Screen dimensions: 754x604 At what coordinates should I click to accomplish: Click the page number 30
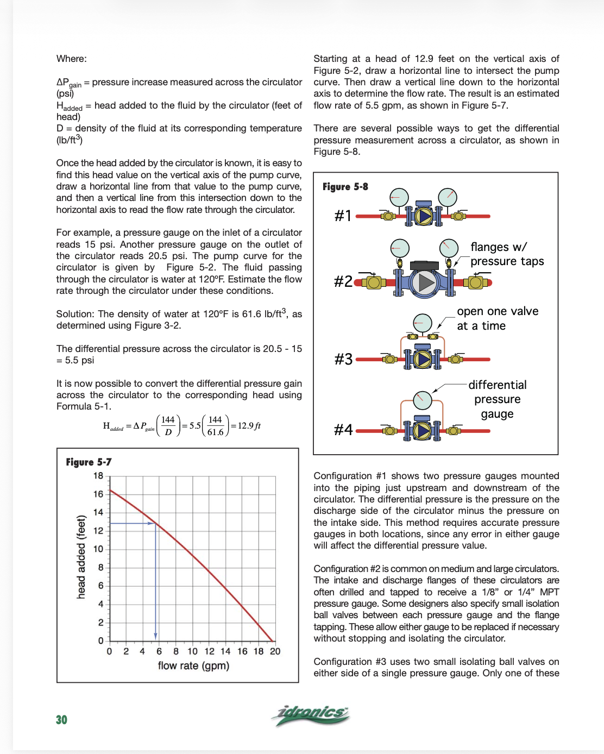click(61, 720)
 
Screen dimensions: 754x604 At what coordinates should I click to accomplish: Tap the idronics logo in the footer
click(311, 714)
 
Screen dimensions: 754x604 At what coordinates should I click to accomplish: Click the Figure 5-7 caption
click(89, 462)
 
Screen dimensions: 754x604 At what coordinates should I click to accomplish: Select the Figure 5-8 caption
click(345, 186)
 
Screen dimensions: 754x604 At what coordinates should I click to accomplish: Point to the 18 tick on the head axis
click(98, 476)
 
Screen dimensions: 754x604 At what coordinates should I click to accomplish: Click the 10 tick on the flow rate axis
click(193, 651)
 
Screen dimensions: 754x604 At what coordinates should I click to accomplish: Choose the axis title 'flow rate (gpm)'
click(193, 665)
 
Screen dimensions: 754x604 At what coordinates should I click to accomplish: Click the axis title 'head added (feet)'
click(81, 557)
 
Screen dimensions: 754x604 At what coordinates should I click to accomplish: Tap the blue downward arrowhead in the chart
click(156, 636)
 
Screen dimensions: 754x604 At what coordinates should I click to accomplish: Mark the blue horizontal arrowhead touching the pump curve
click(152, 523)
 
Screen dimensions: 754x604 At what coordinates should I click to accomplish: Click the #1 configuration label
click(343, 216)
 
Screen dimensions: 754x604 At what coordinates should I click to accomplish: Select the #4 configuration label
click(343, 430)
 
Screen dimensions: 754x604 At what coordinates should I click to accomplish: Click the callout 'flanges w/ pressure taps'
click(507, 254)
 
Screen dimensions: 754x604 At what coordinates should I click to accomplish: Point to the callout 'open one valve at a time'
click(497, 318)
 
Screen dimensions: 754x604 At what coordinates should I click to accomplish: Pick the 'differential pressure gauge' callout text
click(498, 399)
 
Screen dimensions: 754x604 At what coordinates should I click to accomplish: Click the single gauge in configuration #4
click(423, 400)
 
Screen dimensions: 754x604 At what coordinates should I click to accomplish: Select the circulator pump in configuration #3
click(423, 359)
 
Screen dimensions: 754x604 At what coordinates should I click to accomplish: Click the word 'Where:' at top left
click(72, 59)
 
